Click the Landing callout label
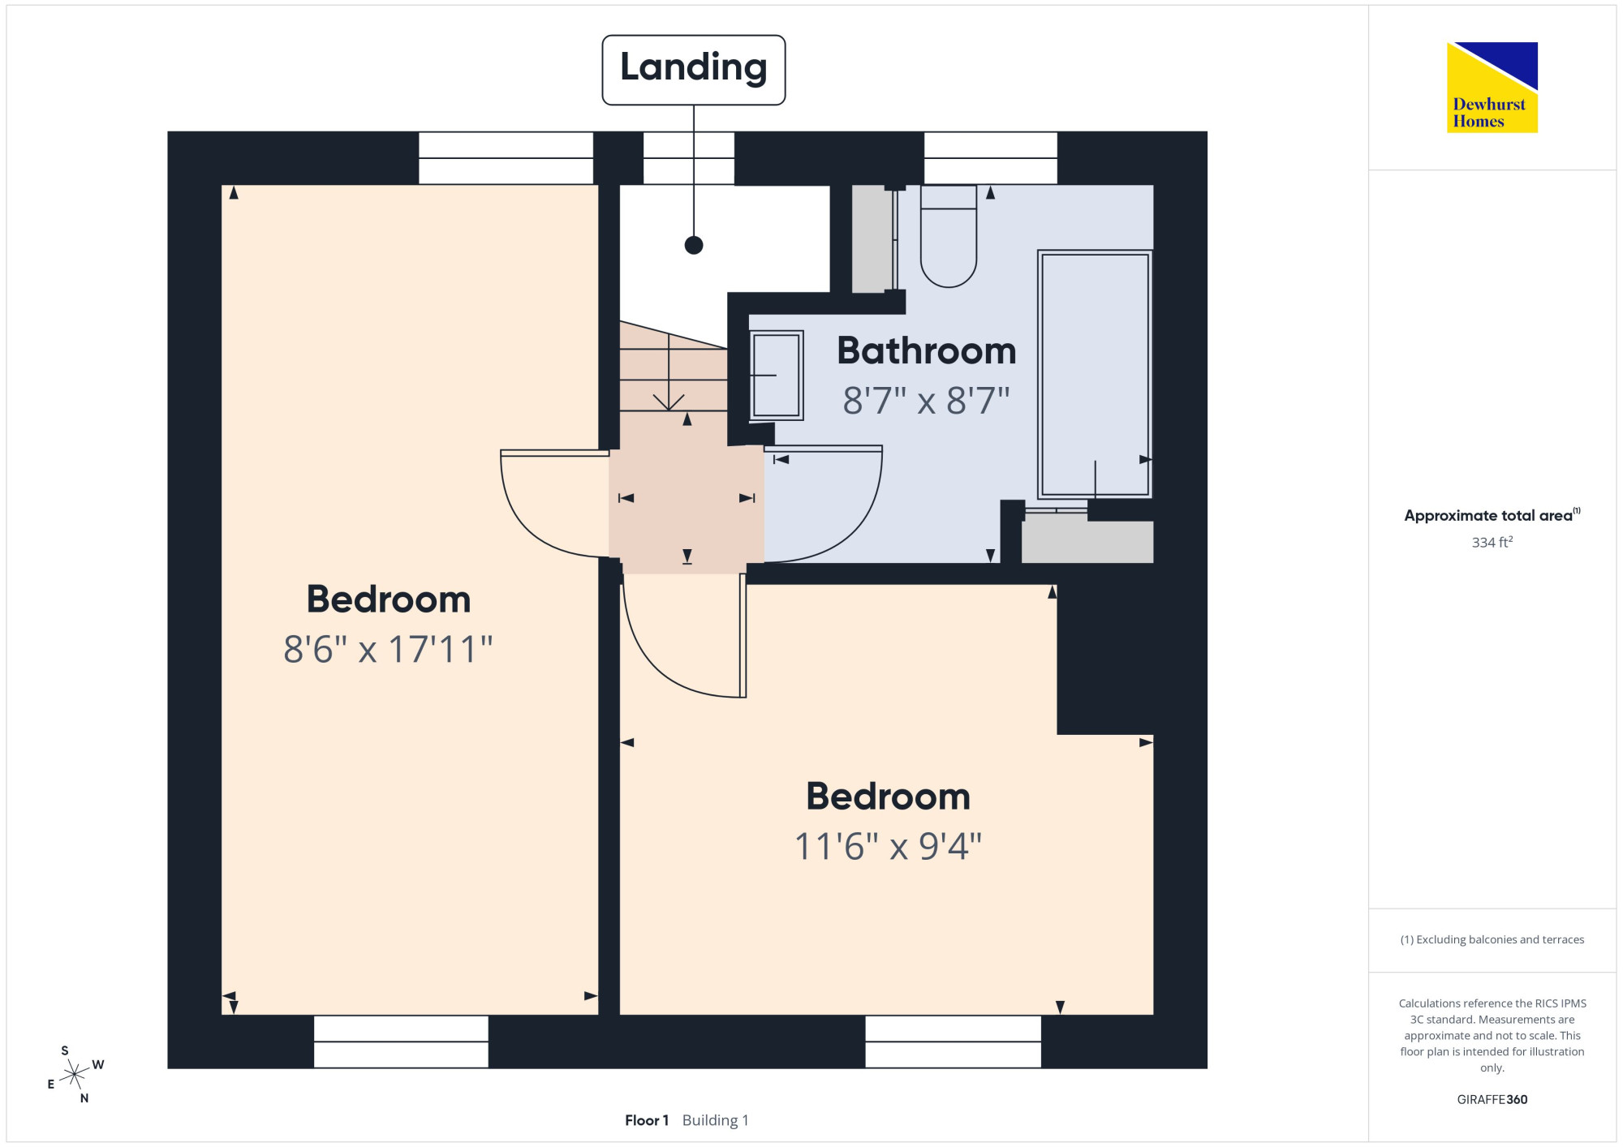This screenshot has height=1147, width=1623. coord(694,70)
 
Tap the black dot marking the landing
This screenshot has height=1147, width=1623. coord(694,245)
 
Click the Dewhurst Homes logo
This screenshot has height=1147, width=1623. coord(1492,87)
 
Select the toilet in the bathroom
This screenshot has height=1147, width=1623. coord(949,236)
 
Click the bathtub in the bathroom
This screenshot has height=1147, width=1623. coord(1095,374)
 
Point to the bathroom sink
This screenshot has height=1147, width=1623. coord(777,375)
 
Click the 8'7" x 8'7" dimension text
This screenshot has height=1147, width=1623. coord(926,401)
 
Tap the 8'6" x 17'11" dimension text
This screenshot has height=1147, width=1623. coord(388,649)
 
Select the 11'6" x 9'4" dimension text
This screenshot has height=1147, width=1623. coord(888,846)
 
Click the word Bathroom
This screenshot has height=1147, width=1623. coord(927,350)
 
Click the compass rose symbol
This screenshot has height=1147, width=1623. coord(75,1075)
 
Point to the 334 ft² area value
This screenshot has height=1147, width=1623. coord(1492,542)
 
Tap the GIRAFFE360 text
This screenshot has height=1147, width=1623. coord(1492,1100)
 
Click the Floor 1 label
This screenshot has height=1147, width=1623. coord(647,1120)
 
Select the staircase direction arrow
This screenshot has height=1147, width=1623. coord(669,372)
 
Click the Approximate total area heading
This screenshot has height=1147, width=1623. coord(1492,515)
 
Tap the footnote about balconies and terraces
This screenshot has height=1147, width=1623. coord(1492,939)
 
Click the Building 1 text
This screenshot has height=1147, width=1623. coord(716,1120)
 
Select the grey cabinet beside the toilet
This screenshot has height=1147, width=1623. coord(872,238)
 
